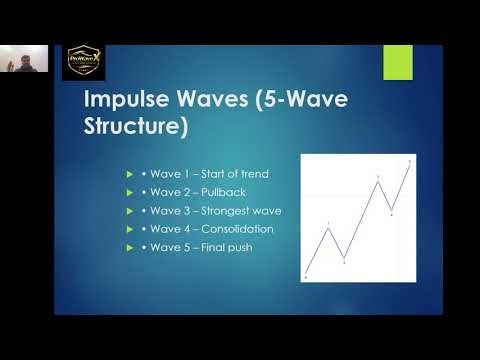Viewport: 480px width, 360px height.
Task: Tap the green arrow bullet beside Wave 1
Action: [129, 174]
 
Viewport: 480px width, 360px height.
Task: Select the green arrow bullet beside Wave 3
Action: [129, 210]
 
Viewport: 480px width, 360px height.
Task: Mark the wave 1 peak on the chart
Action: [329, 227]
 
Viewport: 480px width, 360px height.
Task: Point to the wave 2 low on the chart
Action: [344, 260]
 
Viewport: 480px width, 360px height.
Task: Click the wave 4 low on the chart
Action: [391, 212]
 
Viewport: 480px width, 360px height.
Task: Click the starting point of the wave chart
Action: [307, 275]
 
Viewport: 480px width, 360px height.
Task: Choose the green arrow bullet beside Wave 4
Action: [129, 228]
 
